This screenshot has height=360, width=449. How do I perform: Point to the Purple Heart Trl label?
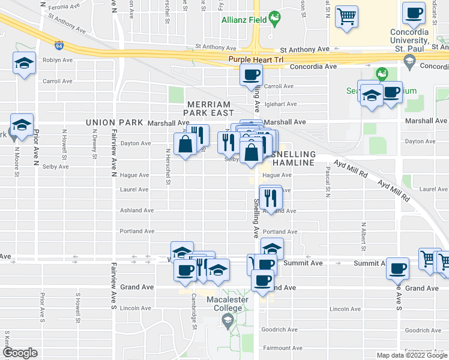point(256,59)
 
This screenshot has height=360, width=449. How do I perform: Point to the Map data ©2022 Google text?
point(412,355)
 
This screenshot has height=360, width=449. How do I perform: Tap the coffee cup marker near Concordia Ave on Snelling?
point(251,76)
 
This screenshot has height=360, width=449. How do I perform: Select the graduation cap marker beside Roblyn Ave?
point(23,64)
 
